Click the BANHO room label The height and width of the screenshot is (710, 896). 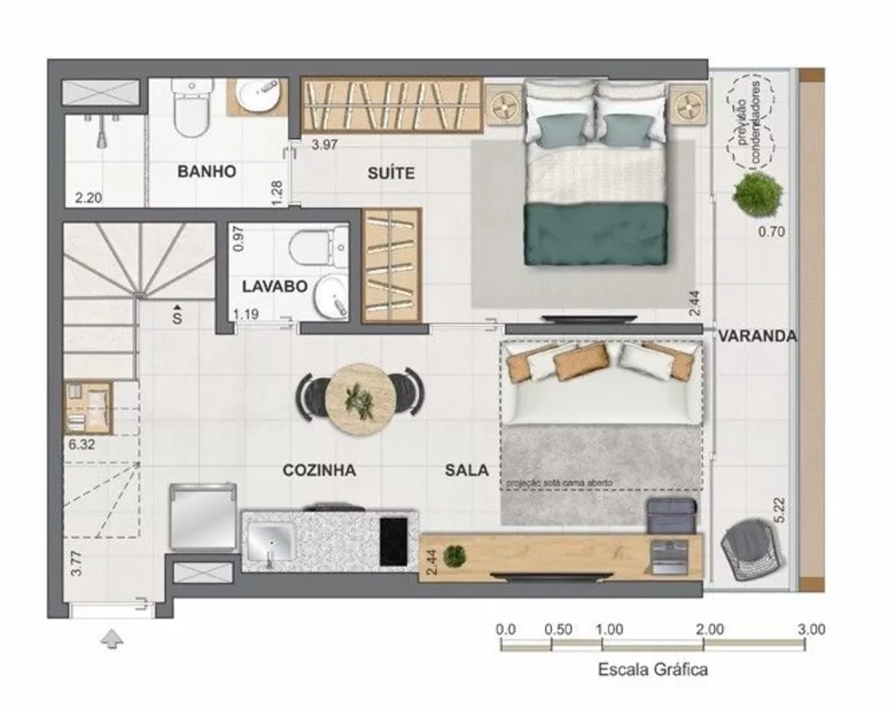point(206,171)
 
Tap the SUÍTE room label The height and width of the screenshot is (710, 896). point(391,173)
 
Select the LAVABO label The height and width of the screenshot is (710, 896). point(275,287)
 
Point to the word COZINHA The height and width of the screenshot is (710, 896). point(320,470)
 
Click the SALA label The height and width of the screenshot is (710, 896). point(467,470)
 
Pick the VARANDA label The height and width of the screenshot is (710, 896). point(757,336)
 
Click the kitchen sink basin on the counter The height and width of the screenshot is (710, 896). point(271,541)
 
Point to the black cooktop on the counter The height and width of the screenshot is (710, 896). point(398,537)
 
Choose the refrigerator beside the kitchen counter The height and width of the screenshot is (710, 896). point(203,517)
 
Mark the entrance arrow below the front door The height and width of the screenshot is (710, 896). point(111,639)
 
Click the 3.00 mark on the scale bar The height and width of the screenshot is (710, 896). point(811,630)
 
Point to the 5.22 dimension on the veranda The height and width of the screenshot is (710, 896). point(780,508)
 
